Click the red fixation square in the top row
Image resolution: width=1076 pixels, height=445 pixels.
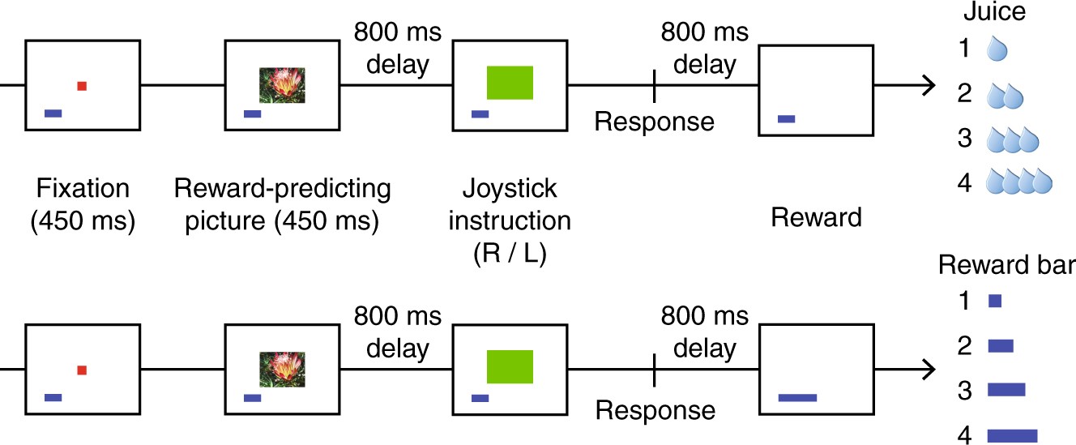(x=82, y=86)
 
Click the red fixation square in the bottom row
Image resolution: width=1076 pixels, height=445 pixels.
(x=82, y=370)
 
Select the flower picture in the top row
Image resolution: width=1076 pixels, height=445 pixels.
(x=281, y=84)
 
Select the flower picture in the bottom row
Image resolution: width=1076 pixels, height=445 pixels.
(x=281, y=369)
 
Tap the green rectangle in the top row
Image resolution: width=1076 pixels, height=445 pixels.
(x=510, y=83)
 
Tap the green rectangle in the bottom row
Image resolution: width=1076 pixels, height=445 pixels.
(x=510, y=367)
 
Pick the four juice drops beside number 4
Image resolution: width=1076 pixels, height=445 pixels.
(x=1018, y=182)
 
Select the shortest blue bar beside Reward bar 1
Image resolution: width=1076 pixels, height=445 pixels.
(x=995, y=302)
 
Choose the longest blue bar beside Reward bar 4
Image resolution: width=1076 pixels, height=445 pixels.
(x=1012, y=436)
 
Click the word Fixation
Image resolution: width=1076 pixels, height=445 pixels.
(x=83, y=189)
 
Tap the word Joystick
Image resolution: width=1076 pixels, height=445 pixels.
(x=510, y=189)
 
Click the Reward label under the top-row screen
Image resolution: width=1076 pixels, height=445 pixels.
(x=816, y=217)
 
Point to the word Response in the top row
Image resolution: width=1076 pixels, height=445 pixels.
(x=655, y=122)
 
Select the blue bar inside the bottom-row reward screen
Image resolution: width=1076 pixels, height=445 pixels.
(x=797, y=397)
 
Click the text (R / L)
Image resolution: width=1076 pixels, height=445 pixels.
(x=510, y=254)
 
